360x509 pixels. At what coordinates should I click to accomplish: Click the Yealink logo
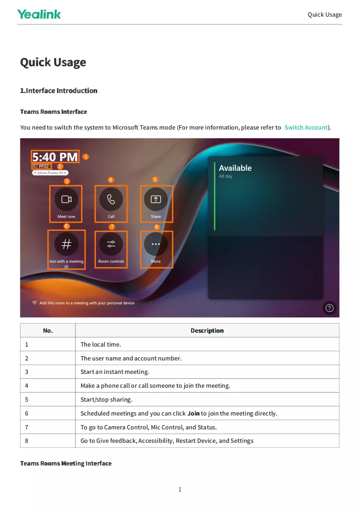point(39,14)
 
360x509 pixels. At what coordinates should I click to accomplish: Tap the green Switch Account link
point(306,128)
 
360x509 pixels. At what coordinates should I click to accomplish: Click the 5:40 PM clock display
point(55,157)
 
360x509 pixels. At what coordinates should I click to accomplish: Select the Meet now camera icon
point(66,199)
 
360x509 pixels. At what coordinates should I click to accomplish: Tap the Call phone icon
point(111,199)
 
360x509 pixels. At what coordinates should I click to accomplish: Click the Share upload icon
point(156,199)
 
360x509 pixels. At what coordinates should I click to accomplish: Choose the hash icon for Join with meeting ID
point(66,244)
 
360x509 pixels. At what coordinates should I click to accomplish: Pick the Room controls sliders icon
point(111,244)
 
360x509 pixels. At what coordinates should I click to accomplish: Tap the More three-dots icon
point(156,244)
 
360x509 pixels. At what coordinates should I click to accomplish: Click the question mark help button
point(329,308)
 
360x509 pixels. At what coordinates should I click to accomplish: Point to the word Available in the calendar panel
point(236,168)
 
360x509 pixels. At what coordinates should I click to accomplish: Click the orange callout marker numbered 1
point(86,157)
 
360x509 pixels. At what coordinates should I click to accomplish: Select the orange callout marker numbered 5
point(155,180)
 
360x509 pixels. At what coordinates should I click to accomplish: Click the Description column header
point(207,330)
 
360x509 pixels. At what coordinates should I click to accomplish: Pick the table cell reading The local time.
point(207,344)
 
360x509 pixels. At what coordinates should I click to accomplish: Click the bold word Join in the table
point(193,414)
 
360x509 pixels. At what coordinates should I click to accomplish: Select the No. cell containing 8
point(48,441)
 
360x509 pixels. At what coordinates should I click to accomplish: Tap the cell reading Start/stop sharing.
point(207,400)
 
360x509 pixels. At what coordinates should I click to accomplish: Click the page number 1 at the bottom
point(180,490)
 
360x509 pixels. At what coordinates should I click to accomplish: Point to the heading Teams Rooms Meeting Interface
point(66,463)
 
